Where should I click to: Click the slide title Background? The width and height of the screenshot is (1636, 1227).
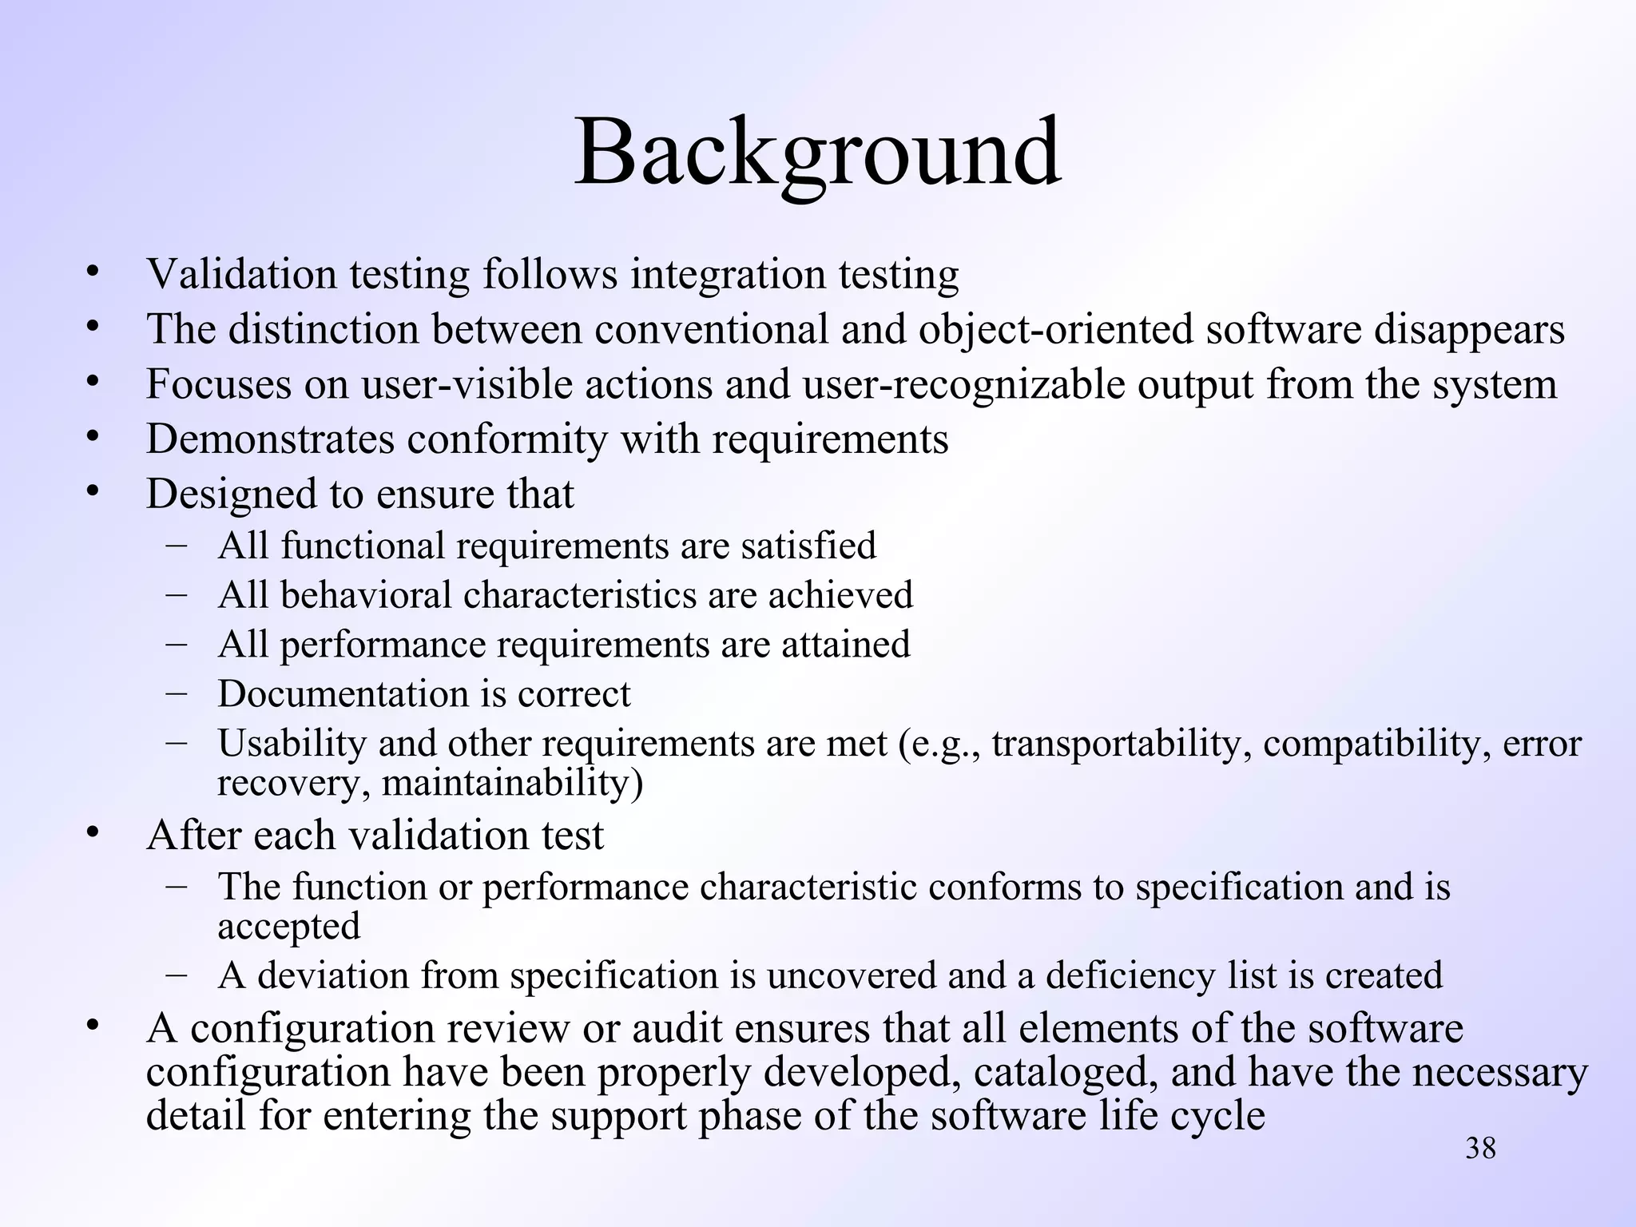817,152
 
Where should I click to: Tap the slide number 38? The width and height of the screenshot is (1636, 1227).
1480,1148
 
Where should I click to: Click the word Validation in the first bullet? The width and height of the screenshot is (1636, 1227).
242,274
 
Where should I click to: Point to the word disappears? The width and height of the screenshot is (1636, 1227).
1468,329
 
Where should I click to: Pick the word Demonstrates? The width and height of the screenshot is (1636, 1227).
270,439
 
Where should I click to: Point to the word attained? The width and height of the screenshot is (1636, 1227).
845,644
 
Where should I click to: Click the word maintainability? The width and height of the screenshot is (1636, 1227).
511,782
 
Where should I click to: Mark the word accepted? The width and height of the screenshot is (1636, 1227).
288,926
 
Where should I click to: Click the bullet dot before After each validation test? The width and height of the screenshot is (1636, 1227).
93,832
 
